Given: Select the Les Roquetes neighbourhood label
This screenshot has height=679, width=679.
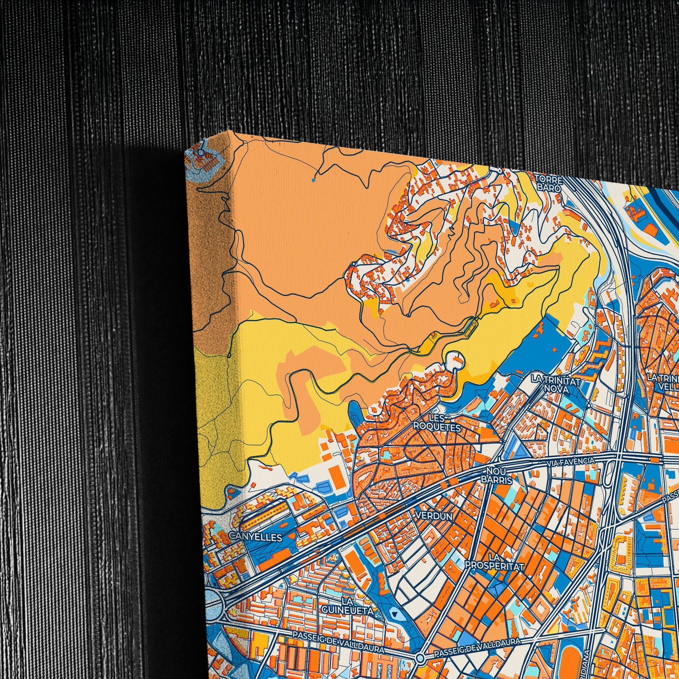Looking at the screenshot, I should [x=437, y=423].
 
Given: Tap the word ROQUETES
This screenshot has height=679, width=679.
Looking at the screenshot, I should [x=437, y=427].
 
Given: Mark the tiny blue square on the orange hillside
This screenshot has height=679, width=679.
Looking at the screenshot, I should [x=313, y=180].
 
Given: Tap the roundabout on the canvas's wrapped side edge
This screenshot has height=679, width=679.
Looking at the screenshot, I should [x=201, y=152].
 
